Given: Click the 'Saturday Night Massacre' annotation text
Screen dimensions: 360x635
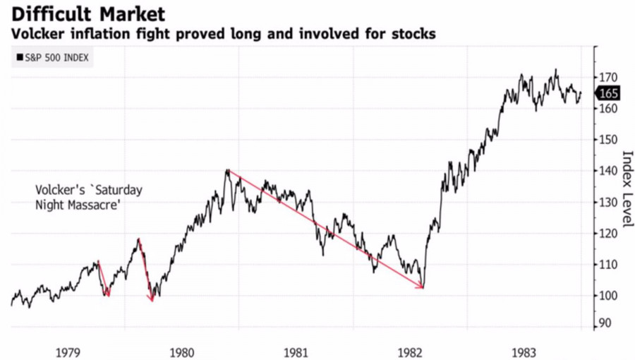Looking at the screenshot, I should pyautogui.click(x=89, y=197).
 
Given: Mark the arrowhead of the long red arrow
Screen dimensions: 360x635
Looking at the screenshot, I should pyautogui.click(x=422, y=287).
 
